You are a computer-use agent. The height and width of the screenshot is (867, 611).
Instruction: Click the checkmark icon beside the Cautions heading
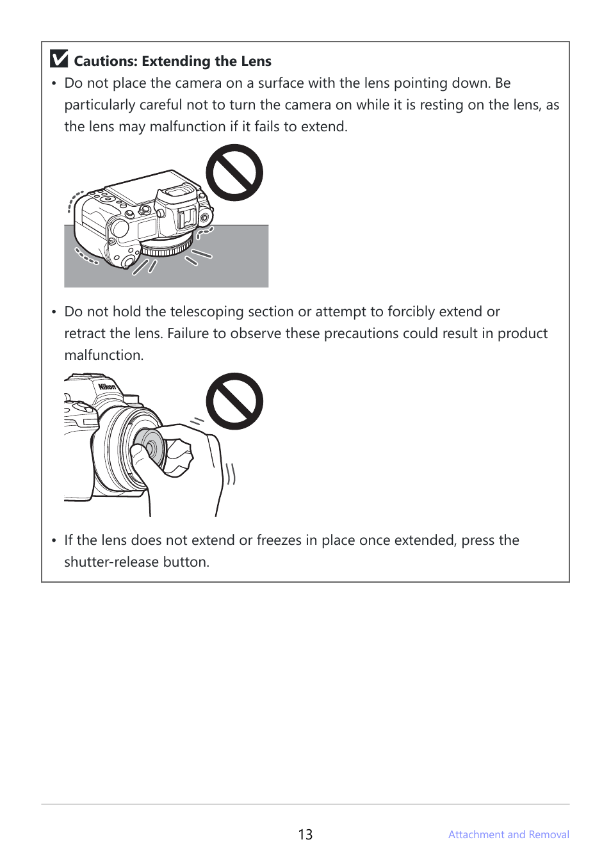coord(59,58)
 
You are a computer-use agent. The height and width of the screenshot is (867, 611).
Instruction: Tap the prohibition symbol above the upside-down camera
coord(234,173)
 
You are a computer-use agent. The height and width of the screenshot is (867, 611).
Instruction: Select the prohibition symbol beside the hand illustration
coord(234,401)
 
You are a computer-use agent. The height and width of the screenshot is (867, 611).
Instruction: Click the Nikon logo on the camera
coord(107,387)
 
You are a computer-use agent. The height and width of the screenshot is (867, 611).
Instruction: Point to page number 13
coord(305,834)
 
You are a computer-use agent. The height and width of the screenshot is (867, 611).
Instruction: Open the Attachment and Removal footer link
coord(509,834)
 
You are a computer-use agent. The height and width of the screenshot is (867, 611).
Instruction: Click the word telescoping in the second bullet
coord(207,312)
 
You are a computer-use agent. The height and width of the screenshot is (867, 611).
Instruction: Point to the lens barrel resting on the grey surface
coord(167,248)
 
